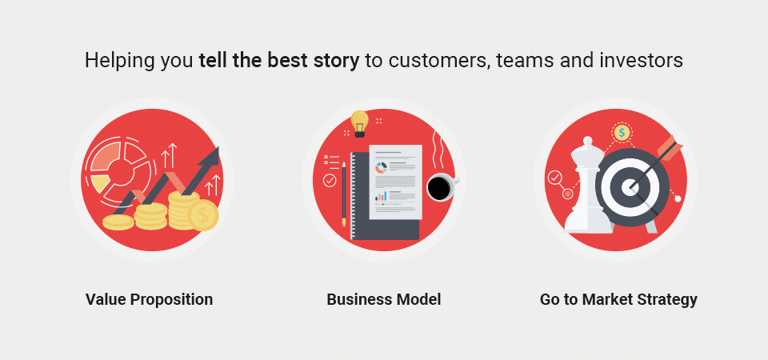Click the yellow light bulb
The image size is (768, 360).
(360, 123)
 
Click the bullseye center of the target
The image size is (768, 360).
(628, 186)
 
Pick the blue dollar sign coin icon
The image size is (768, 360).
(622, 132)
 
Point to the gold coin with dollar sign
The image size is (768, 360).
(203, 215)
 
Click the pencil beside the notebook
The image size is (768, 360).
(343, 194)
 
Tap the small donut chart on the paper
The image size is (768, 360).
(381, 167)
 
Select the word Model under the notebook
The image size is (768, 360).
(420, 299)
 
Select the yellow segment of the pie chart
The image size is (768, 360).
(100, 183)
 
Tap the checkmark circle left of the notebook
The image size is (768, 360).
(330, 181)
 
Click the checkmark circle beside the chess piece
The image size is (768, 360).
(555, 177)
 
